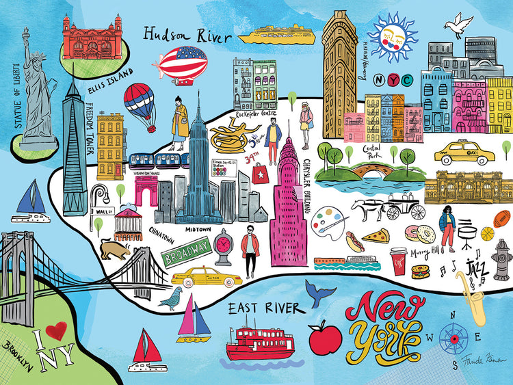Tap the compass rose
pyautogui.click(x=453, y=336)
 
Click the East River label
pyautogui.click(x=263, y=309)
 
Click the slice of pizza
pyautogui.click(x=375, y=236)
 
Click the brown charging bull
pyautogui.click(x=114, y=248)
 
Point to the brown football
pyautogui.click(x=501, y=218)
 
